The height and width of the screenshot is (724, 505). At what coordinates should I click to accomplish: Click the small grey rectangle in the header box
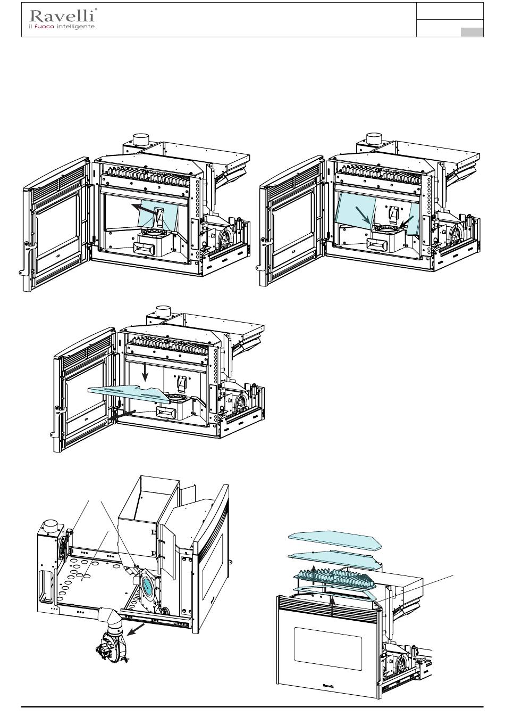472,32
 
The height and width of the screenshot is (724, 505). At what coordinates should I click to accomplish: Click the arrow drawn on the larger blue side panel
363,215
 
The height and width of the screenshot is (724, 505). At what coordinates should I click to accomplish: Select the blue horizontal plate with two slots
129,393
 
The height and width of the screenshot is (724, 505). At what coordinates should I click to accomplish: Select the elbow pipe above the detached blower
112,615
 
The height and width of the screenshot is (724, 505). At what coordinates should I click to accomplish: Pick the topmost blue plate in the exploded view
335,540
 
